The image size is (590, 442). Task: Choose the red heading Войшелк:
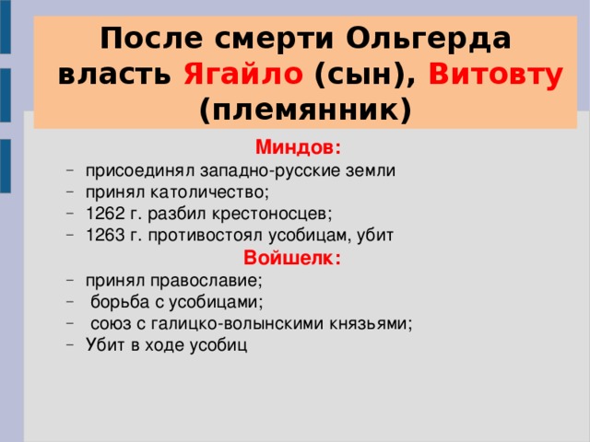tap(292, 259)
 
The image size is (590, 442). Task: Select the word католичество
tap(204, 192)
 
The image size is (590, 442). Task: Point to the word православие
tap(204, 279)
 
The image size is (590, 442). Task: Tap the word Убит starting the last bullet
tap(101, 344)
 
